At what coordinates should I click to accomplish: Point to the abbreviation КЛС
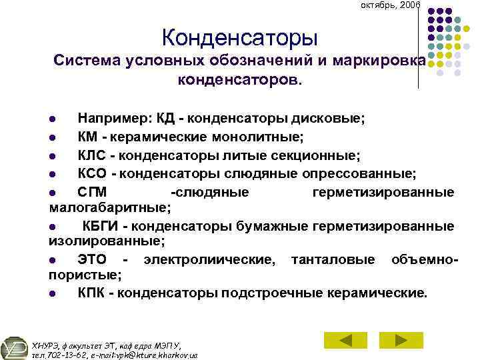94,156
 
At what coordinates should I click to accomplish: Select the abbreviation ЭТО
92,259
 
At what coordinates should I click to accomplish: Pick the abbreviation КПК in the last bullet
93,293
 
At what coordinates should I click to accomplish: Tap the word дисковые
329,119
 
